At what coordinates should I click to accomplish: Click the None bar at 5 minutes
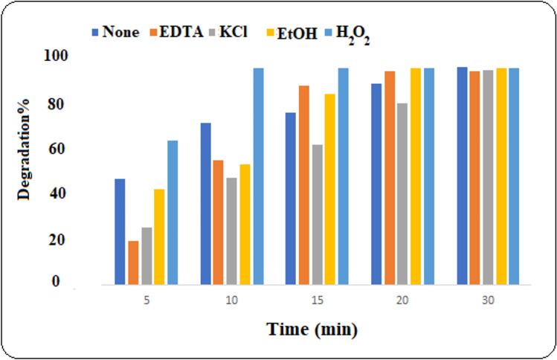tap(120, 231)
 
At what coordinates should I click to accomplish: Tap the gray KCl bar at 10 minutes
tap(232, 231)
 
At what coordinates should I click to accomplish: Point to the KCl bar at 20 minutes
tap(402, 193)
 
